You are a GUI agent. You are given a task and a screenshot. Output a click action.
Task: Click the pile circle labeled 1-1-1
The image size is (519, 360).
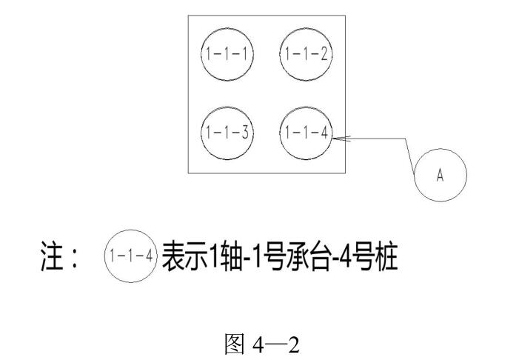(x=227, y=54)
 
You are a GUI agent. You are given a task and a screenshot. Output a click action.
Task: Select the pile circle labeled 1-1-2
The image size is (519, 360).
(x=304, y=54)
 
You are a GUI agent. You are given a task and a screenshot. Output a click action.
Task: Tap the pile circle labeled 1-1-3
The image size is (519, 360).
(x=227, y=133)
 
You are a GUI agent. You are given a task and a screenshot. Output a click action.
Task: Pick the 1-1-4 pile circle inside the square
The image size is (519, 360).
(x=304, y=133)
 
